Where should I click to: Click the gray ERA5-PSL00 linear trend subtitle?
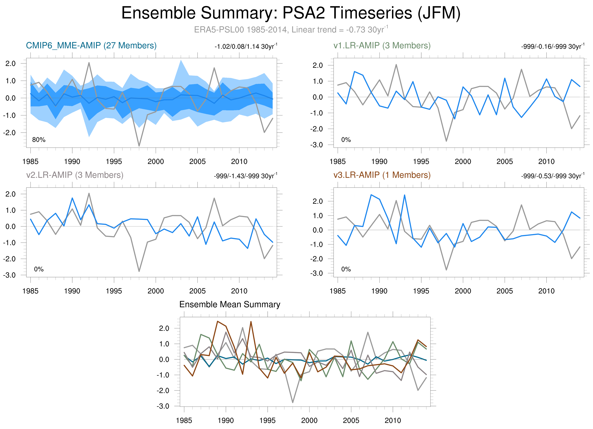coord(291,30)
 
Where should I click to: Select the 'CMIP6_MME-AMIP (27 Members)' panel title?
coord(91,46)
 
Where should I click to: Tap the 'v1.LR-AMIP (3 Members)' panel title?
coord(382,46)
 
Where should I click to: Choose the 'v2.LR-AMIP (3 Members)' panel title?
coord(75,175)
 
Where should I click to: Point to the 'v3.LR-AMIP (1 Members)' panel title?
coord(382,175)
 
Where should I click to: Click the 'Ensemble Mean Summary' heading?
coord(230,304)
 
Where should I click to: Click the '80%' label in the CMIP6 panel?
coord(39,140)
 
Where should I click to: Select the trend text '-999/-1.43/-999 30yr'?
coord(245,176)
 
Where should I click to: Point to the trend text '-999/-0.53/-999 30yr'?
coord(552,176)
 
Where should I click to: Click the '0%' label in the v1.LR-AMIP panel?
coord(346,140)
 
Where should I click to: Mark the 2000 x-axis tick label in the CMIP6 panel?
coord(155,162)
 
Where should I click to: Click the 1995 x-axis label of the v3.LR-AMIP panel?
coord(421,291)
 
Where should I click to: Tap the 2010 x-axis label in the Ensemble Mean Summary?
coord(393,420)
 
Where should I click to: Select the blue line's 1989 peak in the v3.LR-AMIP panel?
coord(371,195)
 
